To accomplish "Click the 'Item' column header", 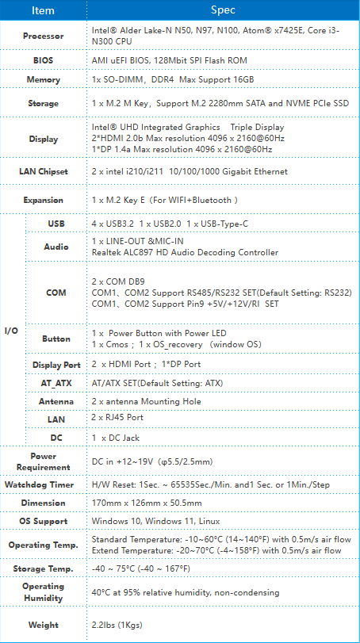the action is pyautogui.click(x=43, y=10).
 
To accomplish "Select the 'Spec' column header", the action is pyautogui.click(x=223, y=10).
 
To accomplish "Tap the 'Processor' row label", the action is pyautogui.click(x=43, y=36).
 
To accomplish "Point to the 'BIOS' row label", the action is pyautogui.click(x=43, y=60).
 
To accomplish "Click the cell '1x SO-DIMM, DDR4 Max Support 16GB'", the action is pyautogui.click(x=173, y=79).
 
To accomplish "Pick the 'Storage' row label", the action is pyautogui.click(x=43, y=103).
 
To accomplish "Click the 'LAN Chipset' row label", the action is pyautogui.click(x=43, y=171).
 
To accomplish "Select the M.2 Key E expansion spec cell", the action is pyautogui.click(x=165, y=200).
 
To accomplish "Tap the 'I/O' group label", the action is pyautogui.click(x=11, y=331).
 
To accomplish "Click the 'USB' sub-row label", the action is pyautogui.click(x=56, y=224).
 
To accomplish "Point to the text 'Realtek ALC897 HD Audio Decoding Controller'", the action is pyautogui.click(x=185, y=253).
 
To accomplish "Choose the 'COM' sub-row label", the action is pyautogui.click(x=56, y=293).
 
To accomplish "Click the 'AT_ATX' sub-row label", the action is pyautogui.click(x=56, y=384).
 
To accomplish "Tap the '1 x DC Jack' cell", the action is pyautogui.click(x=116, y=438).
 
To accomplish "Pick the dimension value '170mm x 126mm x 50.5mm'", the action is pyautogui.click(x=147, y=503).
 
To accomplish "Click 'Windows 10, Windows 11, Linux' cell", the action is pyautogui.click(x=155, y=521).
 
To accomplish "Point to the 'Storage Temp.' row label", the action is pyautogui.click(x=43, y=568).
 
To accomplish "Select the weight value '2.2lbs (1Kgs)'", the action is pyautogui.click(x=117, y=626).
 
